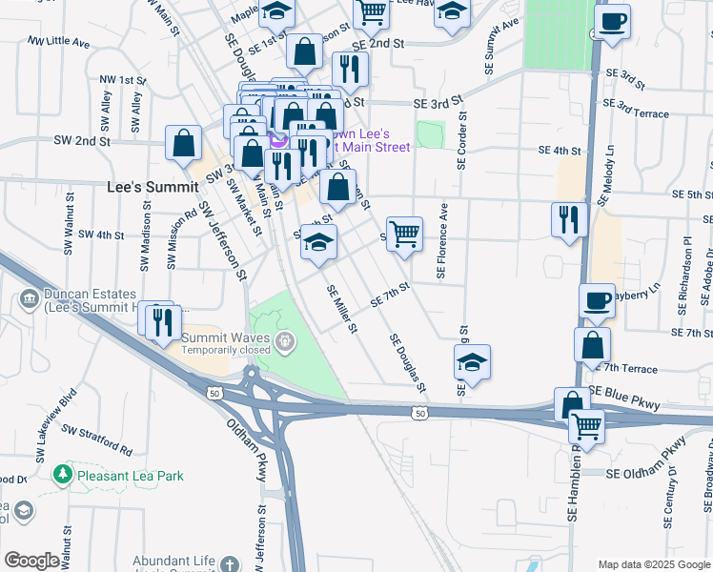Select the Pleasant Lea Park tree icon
click(63, 473)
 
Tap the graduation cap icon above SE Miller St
click(319, 241)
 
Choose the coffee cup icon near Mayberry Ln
click(597, 301)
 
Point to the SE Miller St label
click(341, 310)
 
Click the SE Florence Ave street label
click(442, 240)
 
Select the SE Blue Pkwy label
click(624, 398)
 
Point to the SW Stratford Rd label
click(97, 441)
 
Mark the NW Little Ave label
click(59, 43)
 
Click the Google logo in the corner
click(31, 561)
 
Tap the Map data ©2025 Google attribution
click(653, 564)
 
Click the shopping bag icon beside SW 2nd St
click(183, 143)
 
